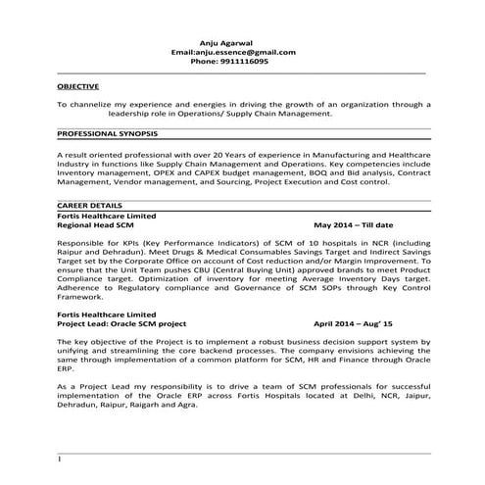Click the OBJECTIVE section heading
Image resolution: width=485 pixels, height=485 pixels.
click(x=77, y=86)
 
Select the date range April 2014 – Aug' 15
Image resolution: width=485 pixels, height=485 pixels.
click(x=352, y=321)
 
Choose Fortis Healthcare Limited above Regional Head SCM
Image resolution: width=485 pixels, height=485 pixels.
click(x=107, y=216)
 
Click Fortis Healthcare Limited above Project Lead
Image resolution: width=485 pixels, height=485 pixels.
click(x=107, y=313)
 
